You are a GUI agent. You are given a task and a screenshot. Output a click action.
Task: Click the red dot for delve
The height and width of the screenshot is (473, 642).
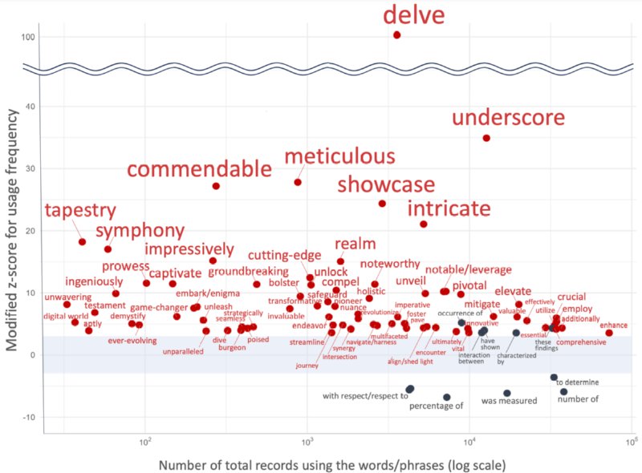[x=396, y=35]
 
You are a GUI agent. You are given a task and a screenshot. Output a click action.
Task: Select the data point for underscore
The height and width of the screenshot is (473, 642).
[x=486, y=138]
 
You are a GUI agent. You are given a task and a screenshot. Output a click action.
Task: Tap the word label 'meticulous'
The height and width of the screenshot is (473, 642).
[x=339, y=156]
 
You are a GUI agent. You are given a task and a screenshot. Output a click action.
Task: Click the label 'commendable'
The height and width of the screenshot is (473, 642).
[x=200, y=169]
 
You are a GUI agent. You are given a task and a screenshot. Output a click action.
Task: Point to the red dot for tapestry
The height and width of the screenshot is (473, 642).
[x=82, y=241]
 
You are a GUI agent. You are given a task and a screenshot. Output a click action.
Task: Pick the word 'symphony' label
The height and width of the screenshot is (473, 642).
[x=140, y=232]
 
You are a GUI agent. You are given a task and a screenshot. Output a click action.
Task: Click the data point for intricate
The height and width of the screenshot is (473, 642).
[x=424, y=224]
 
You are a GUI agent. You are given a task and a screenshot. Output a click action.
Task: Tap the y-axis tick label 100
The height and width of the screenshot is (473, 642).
[x=27, y=38]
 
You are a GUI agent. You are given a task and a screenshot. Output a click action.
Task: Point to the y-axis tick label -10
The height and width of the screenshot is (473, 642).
[x=27, y=418]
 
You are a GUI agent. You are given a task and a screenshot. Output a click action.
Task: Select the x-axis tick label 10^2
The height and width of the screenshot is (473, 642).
[x=145, y=441]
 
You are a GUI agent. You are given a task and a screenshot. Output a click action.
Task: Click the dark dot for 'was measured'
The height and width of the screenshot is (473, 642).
[x=507, y=393]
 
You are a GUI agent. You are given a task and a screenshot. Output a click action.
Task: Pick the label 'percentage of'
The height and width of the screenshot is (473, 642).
[x=437, y=406]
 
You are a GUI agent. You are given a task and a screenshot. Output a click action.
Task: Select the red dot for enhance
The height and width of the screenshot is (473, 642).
[x=609, y=333]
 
